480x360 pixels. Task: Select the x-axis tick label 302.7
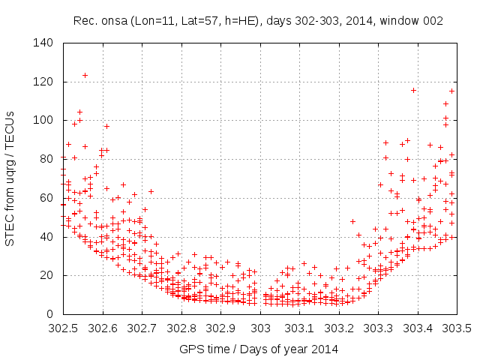coord(142,328)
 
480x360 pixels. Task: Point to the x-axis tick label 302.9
coord(221,328)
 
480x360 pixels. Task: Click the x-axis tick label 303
coord(260,328)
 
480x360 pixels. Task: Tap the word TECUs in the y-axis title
coord(10,126)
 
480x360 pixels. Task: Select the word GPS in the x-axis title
coord(190,349)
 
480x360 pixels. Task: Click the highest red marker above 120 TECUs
coord(85,75)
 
